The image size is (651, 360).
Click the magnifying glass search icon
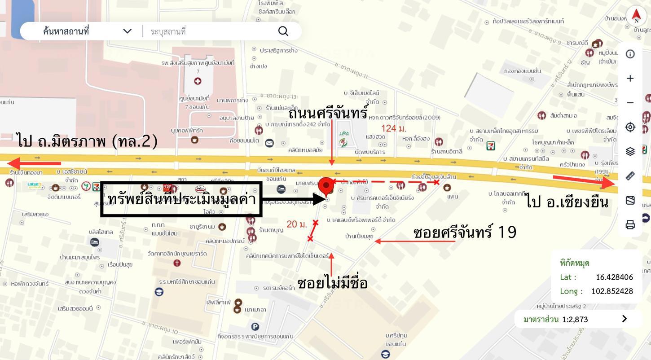coord(283,31)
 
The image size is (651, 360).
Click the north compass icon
coord(636,16)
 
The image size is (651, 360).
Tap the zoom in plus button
coord(630,79)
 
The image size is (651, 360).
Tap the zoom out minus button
coord(630,103)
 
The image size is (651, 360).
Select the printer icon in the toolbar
coord(630,224)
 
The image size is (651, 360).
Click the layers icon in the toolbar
coord(630,151)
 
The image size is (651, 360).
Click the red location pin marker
coord(326,185)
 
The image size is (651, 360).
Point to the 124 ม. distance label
coord(394,129)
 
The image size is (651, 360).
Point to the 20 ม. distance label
coord(297,224)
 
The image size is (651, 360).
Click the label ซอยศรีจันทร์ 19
coord(464,233)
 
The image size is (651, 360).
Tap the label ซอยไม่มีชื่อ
coord(332,283)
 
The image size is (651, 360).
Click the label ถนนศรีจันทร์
coord(328,113)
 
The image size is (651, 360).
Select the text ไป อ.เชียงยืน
coord(567,202)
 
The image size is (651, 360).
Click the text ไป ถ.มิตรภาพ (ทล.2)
coord(88,141)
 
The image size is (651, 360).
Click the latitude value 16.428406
coord(614,277)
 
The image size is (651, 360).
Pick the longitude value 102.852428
coord(612,291)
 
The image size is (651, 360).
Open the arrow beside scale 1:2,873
coord(624,319)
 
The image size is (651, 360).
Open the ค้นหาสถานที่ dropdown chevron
coord(127,31)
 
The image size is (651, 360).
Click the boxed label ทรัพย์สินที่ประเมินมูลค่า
coord(181,199)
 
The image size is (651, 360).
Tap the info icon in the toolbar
coord(630,54)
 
